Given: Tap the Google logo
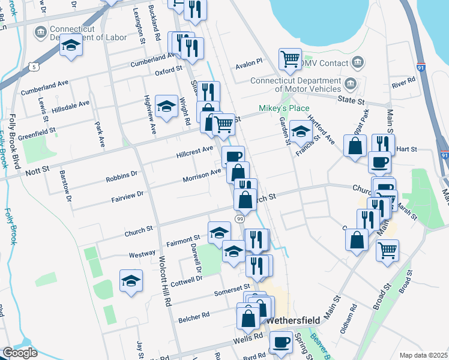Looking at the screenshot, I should coord(19,353).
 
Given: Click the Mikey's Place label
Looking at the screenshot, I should coord(283,108).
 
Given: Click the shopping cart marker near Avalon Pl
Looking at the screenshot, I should coord(290,59).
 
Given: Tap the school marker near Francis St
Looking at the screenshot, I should coord(301,131).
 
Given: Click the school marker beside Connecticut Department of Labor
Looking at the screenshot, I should coord(71,46).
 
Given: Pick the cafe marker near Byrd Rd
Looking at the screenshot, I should coord(280,343).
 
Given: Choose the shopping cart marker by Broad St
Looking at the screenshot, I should coord(387,249).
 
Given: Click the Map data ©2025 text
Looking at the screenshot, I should coord(423,355).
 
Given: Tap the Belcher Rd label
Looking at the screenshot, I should coord(193,316).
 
